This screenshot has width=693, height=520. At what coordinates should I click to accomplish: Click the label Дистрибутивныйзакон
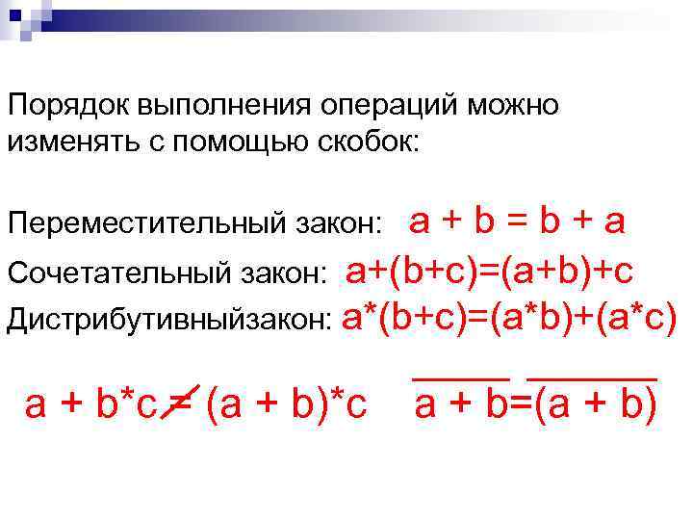coord(168,318)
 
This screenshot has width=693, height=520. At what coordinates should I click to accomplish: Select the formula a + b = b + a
coord(518,221)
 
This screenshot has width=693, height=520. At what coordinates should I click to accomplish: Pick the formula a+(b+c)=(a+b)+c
coord(489,271)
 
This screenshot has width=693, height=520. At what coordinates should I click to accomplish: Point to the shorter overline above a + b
coord(461,381)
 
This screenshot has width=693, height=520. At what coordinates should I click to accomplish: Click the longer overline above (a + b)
coord(592,381)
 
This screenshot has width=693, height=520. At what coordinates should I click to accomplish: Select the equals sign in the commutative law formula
coord(518,222)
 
